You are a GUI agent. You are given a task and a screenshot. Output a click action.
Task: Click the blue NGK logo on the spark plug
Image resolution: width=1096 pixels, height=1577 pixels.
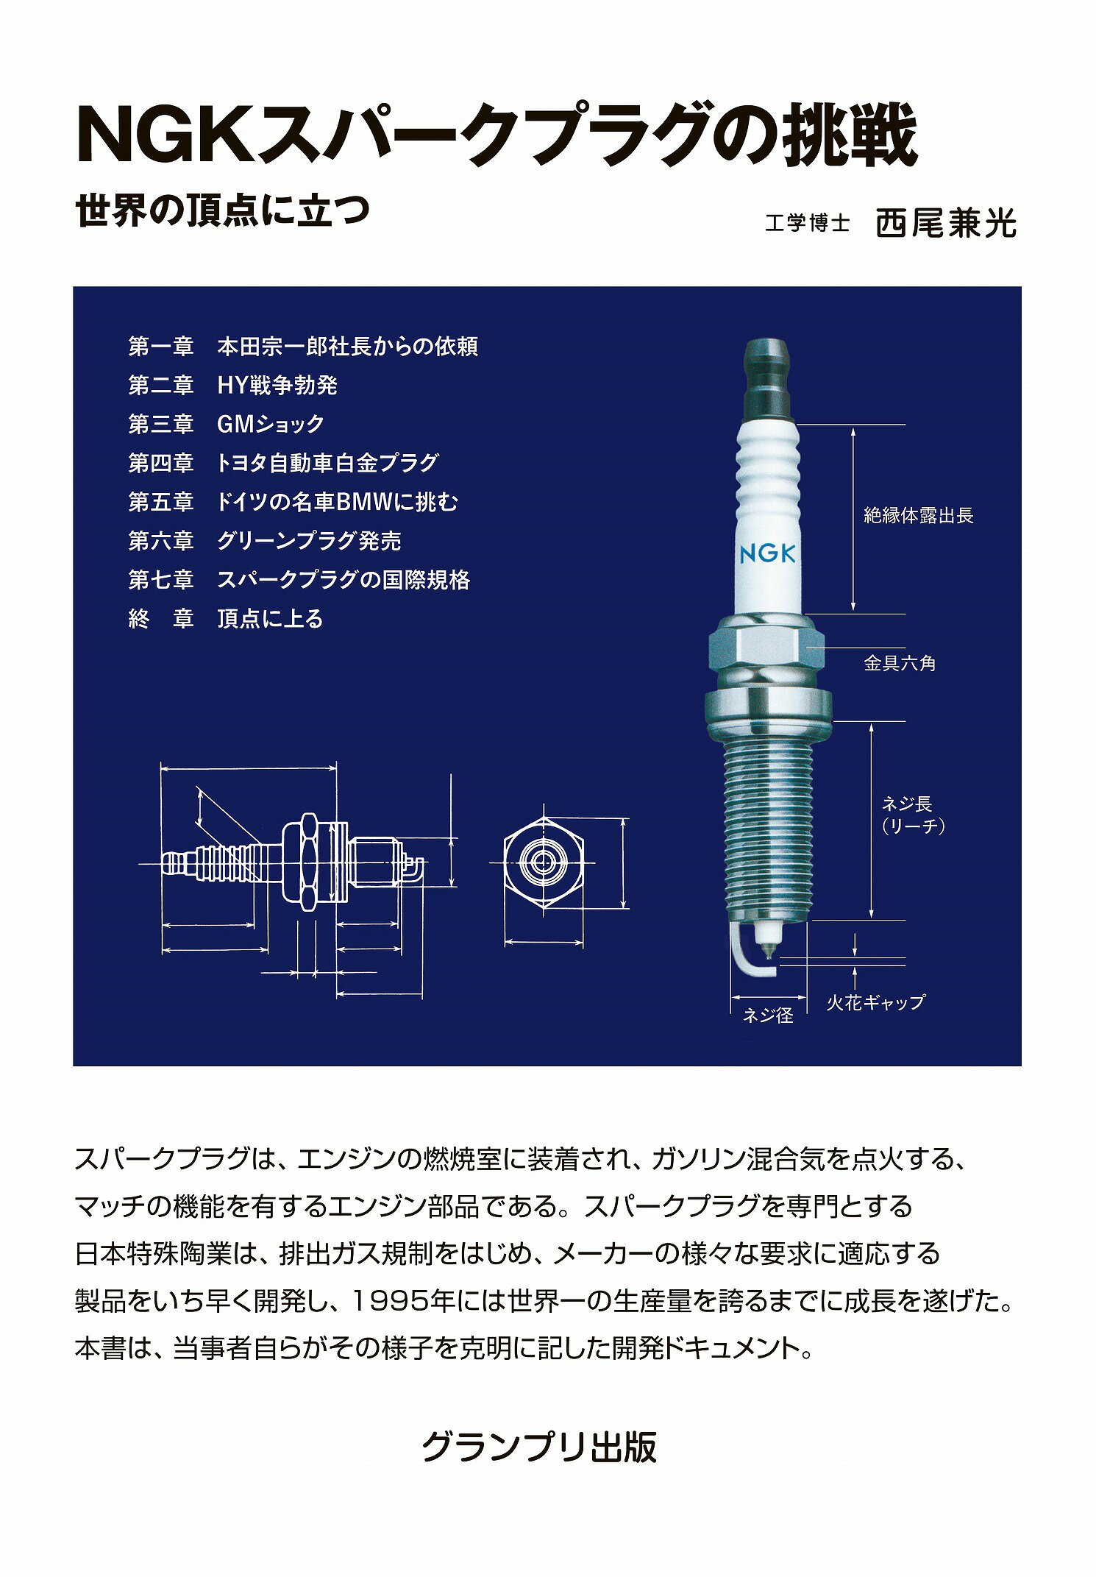(767, 553)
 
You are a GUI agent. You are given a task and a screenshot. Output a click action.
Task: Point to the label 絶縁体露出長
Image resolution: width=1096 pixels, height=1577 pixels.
(918, 515)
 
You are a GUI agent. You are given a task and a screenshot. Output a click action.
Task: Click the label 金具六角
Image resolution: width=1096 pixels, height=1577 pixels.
(900, 663)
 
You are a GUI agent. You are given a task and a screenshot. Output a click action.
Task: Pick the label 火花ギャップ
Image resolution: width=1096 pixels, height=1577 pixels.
(875, 1002)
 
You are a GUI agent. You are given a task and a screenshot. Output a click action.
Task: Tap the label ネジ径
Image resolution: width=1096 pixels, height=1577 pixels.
(768, 1016)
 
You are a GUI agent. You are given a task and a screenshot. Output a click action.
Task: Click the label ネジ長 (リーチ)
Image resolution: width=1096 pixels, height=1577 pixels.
(913, 815)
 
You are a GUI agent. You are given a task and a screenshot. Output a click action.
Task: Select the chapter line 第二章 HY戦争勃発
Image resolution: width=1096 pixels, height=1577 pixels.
(233, 385)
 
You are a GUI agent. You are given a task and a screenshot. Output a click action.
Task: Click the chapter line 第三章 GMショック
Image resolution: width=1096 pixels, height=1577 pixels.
(227, 424)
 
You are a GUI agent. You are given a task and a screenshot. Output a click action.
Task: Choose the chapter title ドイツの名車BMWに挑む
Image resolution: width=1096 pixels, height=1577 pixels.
(338, 502)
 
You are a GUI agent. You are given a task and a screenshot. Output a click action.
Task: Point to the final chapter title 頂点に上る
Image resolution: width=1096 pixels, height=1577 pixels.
(271, 619)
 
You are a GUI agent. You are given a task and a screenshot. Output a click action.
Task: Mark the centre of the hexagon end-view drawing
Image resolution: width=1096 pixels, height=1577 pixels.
(544, 862)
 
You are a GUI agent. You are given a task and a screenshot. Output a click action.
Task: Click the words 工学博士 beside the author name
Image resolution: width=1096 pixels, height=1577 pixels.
(807, 223)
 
